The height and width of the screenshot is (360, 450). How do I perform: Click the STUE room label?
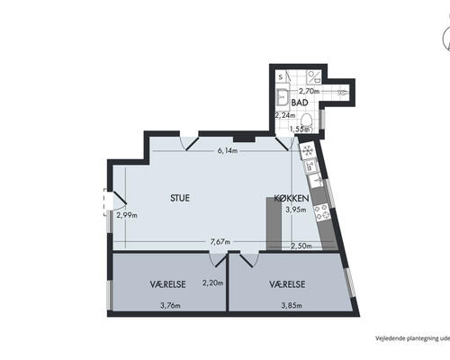click(180, 198)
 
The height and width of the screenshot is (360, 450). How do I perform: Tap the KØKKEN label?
click(292, 198)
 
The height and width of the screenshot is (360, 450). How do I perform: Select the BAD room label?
click(300, 103)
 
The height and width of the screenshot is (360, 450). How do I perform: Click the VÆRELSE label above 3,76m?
click(167, 284)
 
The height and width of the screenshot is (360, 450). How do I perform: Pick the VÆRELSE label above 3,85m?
click(287, 284)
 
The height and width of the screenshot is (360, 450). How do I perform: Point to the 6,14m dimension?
click(228, 150)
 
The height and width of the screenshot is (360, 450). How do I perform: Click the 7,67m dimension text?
click(220, 241)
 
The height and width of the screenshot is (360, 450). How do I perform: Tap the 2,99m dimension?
click(127, 215)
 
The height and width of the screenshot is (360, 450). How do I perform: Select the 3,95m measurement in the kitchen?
click(296, 210)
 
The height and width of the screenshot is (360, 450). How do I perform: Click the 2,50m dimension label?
click(301, 246)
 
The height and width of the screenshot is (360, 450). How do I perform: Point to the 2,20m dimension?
click(212, 283)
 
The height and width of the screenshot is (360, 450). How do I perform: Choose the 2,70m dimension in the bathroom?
click(309, 91)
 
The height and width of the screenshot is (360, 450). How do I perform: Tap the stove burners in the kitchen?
click(322, 211)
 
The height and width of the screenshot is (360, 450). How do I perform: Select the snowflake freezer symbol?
click(307, 150)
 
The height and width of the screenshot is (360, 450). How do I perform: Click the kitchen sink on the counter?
click(316, 180)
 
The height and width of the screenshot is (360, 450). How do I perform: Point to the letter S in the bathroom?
click(281, 77)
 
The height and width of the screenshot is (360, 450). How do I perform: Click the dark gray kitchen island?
click(274, 223)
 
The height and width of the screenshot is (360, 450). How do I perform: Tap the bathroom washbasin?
click(282, 97)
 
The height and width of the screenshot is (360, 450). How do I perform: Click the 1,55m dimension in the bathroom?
click(300, 129)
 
